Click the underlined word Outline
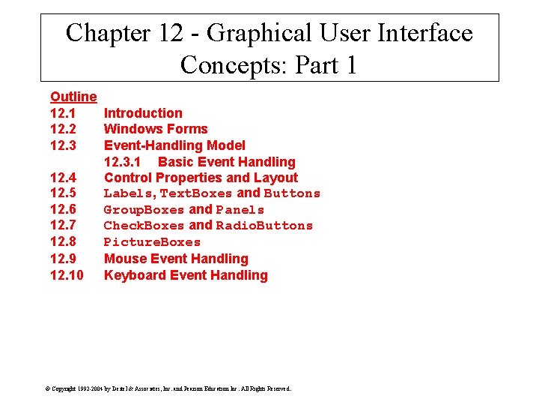(73, 97)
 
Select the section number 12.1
(63, 113)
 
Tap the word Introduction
(143, 113)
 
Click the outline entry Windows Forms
(156, 129)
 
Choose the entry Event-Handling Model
(174, 145)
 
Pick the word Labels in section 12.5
(128, 193)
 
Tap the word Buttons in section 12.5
(292, 193)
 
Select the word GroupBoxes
(144, 210)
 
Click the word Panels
(240, 210)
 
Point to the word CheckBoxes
(144, 226)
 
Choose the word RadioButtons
(264, 226)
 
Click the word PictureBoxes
(152, 242)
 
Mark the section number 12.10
(67, 275)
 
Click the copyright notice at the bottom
(168, 388)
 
